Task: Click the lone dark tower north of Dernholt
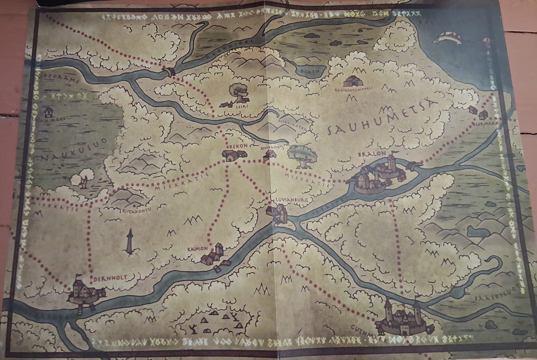click(x=130, y=241)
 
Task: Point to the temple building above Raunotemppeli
click(x=353, y=81)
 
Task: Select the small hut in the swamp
click(x=48, y=112)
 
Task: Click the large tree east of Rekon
click(x=302, y=156)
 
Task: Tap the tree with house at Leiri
click(x=237, y=93)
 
